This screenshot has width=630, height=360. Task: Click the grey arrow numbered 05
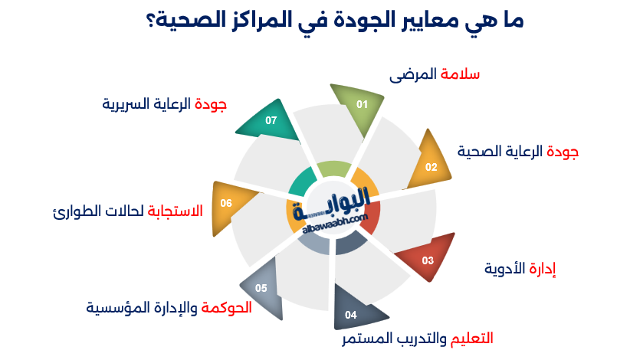coord(262,289)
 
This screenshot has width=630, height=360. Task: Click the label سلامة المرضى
coord(435,74)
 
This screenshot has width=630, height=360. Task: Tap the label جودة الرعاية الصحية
coord(519,152)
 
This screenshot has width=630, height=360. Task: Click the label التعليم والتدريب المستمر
coord(417,338)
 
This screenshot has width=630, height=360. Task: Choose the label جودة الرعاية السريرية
coord(164,103)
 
